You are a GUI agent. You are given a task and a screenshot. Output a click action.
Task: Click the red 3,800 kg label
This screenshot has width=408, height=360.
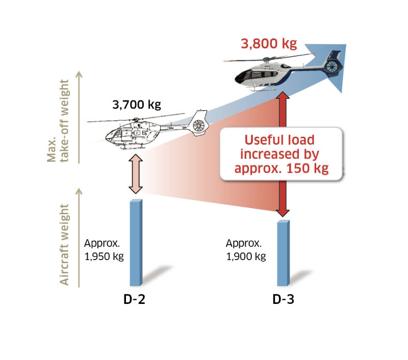(268, 43)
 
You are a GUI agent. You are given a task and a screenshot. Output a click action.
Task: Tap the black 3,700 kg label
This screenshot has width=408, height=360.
(136, 106)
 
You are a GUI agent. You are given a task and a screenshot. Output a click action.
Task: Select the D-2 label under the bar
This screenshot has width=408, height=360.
(135, 300)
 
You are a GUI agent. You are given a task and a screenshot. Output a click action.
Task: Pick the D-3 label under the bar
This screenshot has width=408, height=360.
(283, 300)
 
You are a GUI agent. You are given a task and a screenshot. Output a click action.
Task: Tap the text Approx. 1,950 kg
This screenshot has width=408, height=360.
(104, 249)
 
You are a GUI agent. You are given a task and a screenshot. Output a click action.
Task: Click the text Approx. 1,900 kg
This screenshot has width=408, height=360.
(246, 249)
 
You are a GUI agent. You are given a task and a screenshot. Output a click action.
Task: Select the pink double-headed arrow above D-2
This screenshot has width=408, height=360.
(135, 174)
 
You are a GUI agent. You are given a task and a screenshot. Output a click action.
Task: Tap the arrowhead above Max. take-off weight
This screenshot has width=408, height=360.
(78, 73)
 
